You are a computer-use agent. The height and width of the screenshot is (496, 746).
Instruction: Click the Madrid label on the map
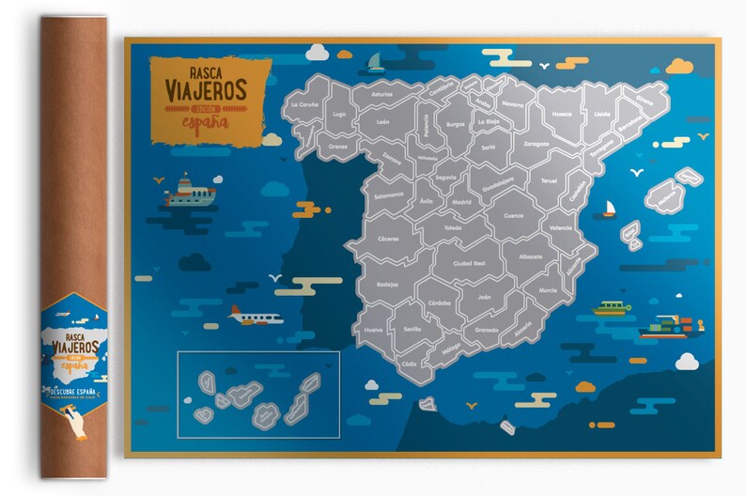(x=461, y=201)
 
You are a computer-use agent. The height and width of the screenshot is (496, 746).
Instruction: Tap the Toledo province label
(x=453, y=227)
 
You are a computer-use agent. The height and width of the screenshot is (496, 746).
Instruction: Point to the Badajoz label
(x=386, y=284)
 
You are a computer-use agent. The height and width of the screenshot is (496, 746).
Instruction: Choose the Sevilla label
(x=412, y=330)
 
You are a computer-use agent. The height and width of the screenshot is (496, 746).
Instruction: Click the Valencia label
(x=561, y=228)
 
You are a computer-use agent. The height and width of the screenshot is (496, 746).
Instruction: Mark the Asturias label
(x=382, y=94)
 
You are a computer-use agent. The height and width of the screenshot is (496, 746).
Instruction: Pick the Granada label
(x=487, y=330)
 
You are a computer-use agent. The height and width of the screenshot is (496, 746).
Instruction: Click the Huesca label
(x=562, y=114)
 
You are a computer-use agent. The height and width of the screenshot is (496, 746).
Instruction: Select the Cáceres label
(x=387, y=239)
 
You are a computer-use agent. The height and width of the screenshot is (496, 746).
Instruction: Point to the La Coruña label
(x=306, y=104)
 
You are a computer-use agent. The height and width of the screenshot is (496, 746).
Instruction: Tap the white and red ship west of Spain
(x=190, y=191)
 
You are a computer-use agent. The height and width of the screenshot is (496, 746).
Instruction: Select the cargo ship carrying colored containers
(x=669, y=326)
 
